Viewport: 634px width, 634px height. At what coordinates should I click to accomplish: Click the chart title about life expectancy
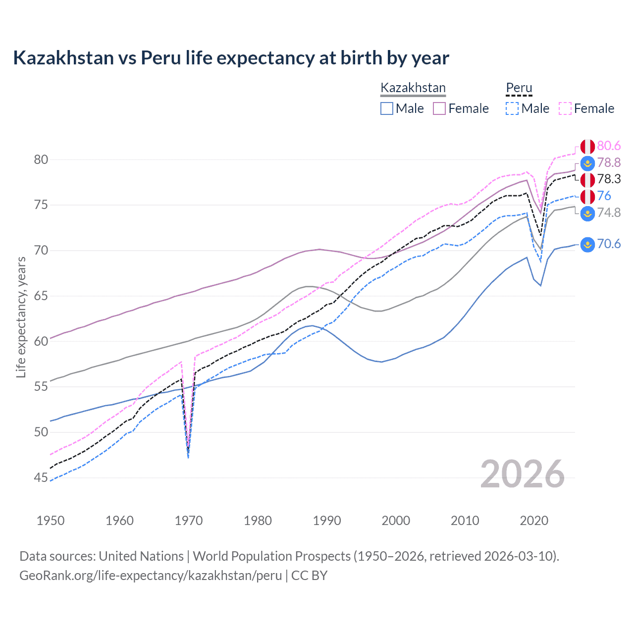click(x=231, y=58)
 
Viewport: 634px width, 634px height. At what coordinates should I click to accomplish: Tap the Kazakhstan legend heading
click(x=413, y=88)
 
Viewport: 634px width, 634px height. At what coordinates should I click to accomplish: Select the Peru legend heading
click(x=519, y=88)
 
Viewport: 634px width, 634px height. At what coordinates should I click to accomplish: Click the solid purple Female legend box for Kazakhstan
click(x=439, y=108)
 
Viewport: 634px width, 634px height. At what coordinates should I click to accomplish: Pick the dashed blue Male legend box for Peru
click(x=512, y=108)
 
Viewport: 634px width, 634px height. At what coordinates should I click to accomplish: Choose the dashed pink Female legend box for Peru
click(x=565, y=108)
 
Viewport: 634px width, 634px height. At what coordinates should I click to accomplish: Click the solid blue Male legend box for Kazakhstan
click(x=387, y=108)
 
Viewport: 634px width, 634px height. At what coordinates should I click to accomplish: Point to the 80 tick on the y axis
click(x=41, y=159)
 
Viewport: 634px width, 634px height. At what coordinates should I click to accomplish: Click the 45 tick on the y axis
click(x=41, y=477)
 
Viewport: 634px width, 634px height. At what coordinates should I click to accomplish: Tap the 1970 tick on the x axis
click(x=189, y=521)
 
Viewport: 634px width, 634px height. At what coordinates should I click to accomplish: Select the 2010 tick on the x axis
click(x=465, y=521)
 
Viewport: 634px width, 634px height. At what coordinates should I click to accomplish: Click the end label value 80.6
click(x=609, y=146)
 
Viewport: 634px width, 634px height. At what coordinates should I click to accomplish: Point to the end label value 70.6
click(x=609, y=244)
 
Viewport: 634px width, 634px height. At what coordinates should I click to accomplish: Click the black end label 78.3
click(x=609, y=179)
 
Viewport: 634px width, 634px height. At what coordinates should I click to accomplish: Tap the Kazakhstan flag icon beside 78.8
click(x=587, y=163)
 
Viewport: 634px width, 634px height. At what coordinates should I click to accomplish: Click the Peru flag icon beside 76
click(x=587, y=196)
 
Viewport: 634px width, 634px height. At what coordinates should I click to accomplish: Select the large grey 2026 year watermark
click(x=522, y=474)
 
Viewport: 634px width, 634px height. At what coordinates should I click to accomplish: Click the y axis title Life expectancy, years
click(x=21, y=317)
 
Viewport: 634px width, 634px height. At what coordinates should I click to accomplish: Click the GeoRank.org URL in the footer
click(x=151, y=576)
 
